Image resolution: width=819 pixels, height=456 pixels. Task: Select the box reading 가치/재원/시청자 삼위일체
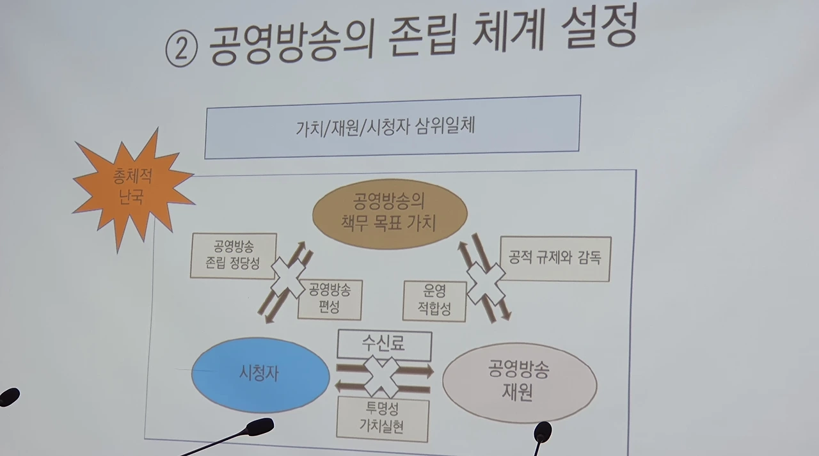[x=392, y=127]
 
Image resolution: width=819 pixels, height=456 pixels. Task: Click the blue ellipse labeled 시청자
[x=260, y=374]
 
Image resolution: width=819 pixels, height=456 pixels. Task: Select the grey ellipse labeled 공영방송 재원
[x=520, y=382]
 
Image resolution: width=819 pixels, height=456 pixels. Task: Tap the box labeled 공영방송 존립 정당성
[x=234, y=255]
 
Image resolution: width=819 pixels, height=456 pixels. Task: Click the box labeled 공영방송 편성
[x=330, y=299]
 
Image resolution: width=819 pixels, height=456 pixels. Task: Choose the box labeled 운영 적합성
[x=434, y=300]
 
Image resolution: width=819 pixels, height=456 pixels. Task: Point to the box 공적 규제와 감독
[x=555, y=258]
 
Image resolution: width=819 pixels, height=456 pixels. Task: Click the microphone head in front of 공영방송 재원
[x=543, y=431]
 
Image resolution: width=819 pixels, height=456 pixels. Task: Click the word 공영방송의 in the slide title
[x=292, y=44]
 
